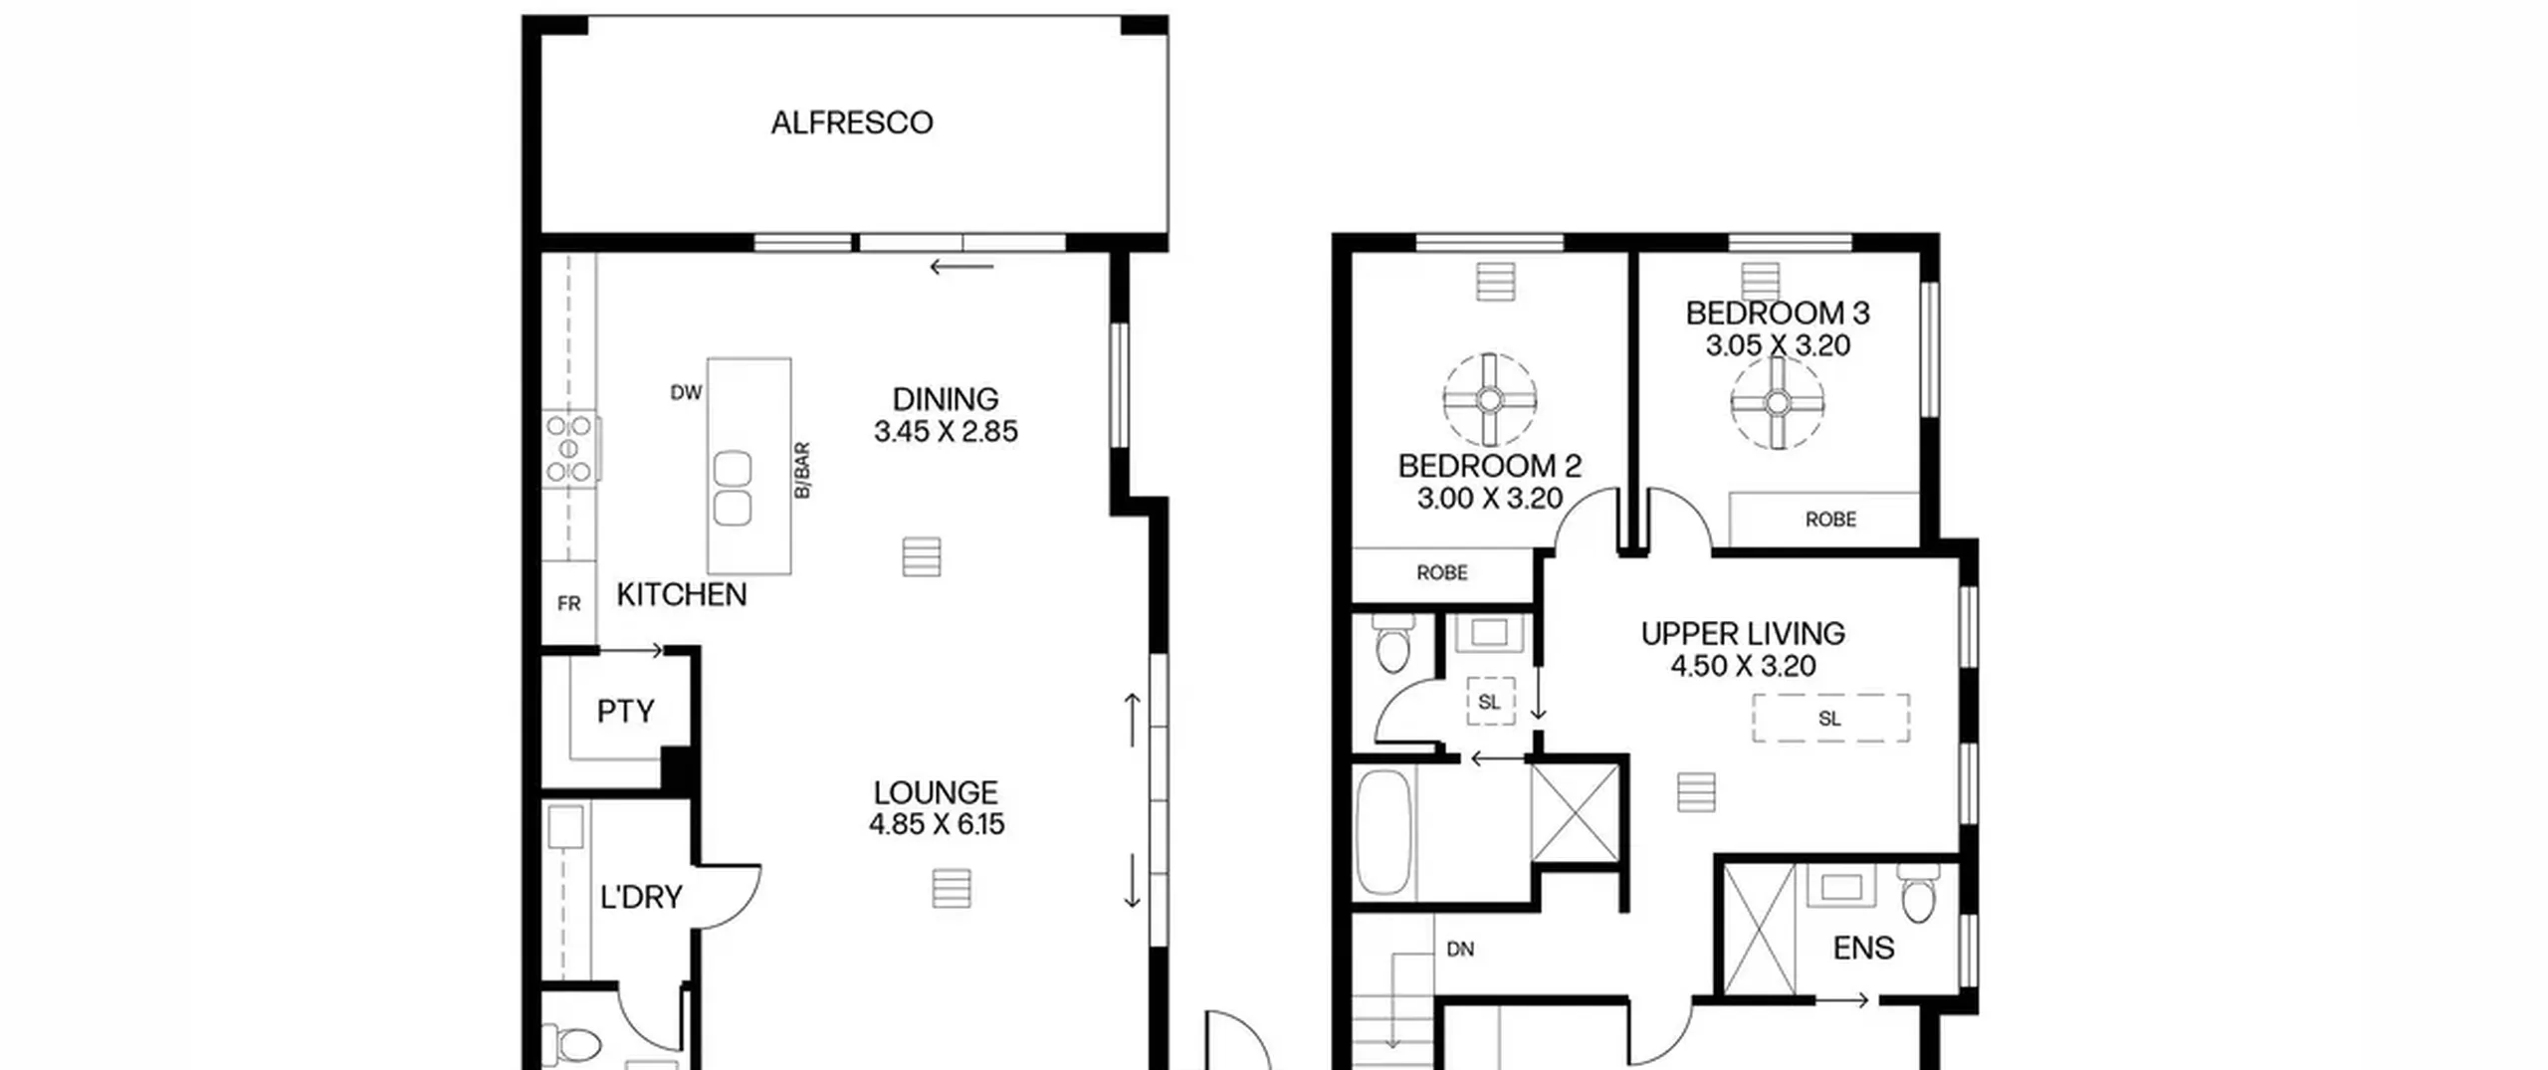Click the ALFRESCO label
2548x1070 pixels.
852,122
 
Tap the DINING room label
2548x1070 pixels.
946,399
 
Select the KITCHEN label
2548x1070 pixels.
682,594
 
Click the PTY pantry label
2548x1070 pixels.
626,711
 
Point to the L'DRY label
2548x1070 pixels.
641,897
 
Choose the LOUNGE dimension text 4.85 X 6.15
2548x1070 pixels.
937,824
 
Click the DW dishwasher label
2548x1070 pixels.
686,393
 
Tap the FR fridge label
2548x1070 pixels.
569,603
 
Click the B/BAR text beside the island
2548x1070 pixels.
802,471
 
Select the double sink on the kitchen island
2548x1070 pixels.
733,488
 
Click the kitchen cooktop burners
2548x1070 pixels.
569,448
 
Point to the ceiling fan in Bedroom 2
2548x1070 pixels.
1490,400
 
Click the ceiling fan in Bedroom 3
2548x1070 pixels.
1778,402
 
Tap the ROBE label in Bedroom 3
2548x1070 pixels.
1830,520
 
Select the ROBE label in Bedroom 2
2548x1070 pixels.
1442,572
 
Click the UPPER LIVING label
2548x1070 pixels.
1743,633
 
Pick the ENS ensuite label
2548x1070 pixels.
1863,948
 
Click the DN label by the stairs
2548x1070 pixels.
1460,950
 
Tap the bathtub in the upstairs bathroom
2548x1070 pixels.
1383,831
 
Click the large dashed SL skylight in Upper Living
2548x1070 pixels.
1830,718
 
